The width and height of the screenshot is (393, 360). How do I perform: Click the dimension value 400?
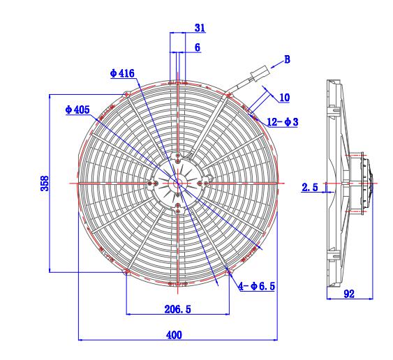[x=174, y=335]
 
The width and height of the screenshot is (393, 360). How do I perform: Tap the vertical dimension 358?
[x=44, y=183]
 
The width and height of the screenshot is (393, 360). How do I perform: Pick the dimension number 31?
[x=200, y=29]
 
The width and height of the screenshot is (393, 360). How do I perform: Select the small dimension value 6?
[x=198, y=47]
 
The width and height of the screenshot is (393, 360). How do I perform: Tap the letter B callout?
[x=286, y=60]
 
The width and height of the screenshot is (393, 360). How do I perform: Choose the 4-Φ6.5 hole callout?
[x=257, y=287]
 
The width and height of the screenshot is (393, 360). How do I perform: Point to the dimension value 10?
[x=284, y=97]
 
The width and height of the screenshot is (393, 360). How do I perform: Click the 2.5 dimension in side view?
[x=310, y=187]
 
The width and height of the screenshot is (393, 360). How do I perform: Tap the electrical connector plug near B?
[x=258, y=73]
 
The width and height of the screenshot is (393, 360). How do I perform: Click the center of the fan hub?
[x=177, y=183]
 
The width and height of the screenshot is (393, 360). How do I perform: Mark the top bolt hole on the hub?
[x=178, y=156]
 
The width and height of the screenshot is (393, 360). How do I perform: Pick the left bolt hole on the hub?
[x=151, y=183]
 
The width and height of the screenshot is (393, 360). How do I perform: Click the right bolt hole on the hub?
[x=204, y=183]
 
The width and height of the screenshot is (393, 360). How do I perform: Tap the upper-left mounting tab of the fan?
[x=126, y=93]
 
